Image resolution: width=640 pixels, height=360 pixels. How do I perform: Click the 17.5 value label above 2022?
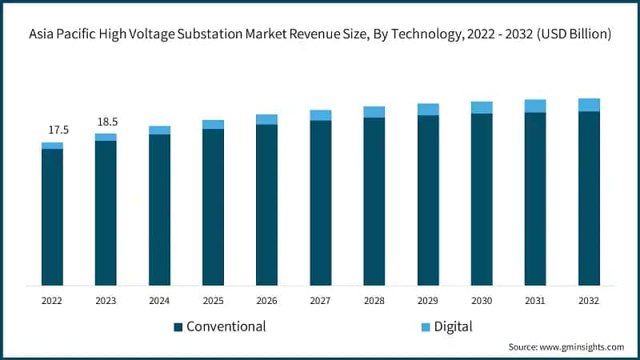pos(52,130)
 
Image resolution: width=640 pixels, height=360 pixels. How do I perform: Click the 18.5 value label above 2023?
pos(106,121)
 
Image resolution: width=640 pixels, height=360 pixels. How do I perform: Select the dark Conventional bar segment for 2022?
pos(52,216)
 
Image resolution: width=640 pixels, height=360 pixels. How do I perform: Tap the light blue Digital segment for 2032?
pos(589,105)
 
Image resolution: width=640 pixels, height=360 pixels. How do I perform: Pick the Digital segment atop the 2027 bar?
pos(320,115)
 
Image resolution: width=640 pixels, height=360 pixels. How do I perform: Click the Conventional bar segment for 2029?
pos(428,200)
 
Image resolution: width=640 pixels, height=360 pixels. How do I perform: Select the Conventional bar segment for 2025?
pos(213,206)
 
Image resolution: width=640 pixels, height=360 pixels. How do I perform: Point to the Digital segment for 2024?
pos(159,130)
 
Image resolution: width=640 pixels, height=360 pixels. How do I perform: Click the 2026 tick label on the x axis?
pos(266,300)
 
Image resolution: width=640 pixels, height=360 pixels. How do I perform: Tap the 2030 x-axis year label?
pos(482,300)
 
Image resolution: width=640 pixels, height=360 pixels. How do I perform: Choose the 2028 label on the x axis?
pos(374,300)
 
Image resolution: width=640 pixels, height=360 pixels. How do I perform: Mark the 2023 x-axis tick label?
pos(106,300)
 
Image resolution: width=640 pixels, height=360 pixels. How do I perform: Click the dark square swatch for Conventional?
pos(178,326)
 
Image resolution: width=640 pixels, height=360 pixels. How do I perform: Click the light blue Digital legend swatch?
pos(425,326)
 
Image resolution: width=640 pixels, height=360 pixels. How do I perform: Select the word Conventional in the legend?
pos(226,326)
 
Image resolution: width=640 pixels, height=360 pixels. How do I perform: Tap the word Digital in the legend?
pos(454,326)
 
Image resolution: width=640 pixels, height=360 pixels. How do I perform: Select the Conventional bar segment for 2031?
pos(535,198)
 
